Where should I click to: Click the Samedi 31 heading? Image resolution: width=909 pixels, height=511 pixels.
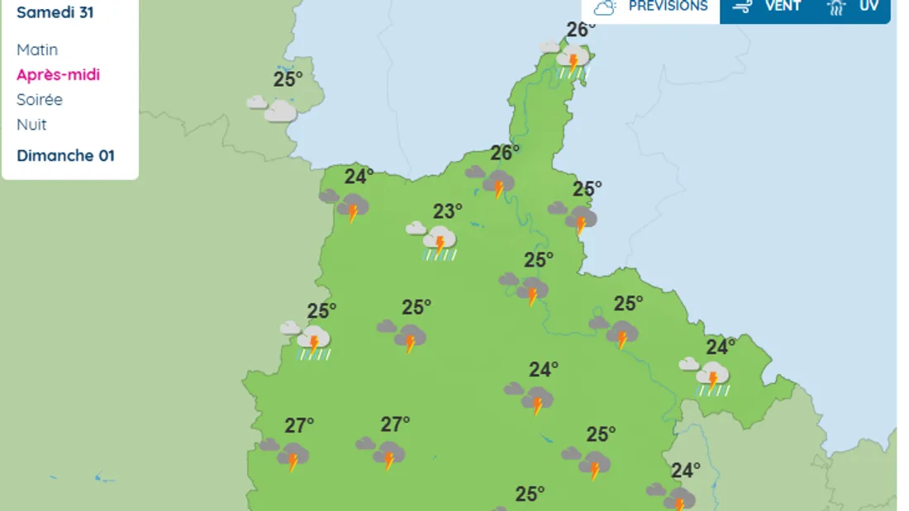coord(55,12)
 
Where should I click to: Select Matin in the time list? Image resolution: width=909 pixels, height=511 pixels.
coord(37,50)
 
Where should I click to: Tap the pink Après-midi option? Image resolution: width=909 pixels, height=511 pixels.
coord(58,74)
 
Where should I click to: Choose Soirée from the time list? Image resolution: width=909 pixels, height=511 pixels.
coord(40,99)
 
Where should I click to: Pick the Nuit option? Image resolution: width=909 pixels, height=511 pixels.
coord(31,125)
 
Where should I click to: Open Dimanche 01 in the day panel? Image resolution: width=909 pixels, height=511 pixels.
coord(65,155)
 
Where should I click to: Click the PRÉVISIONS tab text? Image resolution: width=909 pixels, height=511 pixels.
coord(668,6)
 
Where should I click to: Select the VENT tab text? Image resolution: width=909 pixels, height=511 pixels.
coord(783,6)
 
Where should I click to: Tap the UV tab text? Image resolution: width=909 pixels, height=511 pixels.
coord(869,6)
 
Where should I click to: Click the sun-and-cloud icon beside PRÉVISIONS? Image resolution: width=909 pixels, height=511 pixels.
coord(606,7)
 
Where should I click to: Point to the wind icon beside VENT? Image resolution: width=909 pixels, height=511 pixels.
coord(742,7)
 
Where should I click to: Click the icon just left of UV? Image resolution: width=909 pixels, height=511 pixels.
coord(836,7)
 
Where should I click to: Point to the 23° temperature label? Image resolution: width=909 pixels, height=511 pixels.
coord(448,211)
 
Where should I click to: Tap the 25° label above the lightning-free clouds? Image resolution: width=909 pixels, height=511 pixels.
coord(288,79)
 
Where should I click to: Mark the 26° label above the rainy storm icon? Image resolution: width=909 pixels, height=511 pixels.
coord(581,30)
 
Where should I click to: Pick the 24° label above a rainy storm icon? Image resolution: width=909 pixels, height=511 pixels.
coord(721,347)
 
